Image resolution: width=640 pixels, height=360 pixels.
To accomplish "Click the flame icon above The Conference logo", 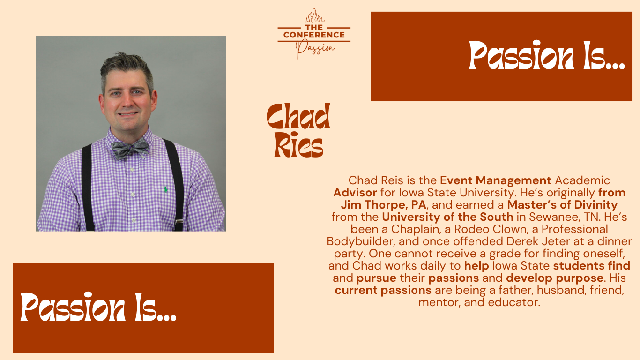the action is click(314, 15).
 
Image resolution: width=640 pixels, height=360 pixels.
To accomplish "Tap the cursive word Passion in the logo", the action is click(315, 49).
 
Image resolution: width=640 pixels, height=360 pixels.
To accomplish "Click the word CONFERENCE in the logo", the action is click(314, 35).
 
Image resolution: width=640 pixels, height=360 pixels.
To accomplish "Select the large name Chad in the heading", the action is click(298, 116).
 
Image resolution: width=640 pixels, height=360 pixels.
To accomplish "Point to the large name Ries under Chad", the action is click(298, 145).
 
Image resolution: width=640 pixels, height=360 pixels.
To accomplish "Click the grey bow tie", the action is click(130, 148).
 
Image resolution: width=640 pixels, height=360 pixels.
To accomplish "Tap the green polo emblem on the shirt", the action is click(165, 189).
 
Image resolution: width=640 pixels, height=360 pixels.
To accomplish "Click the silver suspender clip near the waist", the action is click(179, 221).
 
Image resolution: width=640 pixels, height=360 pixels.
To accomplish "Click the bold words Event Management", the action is click(495, 180).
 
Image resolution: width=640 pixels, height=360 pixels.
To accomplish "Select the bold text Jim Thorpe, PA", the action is click(383, 205).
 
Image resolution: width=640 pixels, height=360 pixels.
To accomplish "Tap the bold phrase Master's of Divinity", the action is click(562, 205).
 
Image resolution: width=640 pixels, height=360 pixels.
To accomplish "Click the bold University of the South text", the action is click(447, 217).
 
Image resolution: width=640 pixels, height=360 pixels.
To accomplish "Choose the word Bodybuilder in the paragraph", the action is click(361, 241).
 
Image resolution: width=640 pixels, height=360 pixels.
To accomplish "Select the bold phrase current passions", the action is click(383, 290).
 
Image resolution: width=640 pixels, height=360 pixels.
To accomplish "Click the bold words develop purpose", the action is click(555, 278).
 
